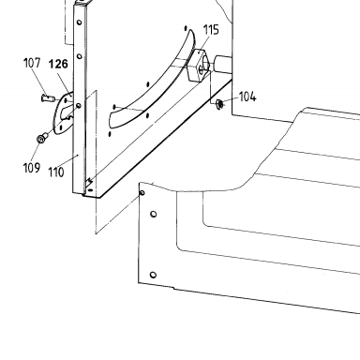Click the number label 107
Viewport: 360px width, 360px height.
[32, 63]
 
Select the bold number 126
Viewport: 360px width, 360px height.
[58, 64]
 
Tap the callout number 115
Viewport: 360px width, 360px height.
[211, 30]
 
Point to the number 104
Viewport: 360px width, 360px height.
[247, 97]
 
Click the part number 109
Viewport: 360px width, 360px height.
[32, 168]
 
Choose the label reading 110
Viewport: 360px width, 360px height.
[56, 172]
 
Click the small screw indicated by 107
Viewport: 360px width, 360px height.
[48, 98]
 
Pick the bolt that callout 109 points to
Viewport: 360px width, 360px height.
[42, 138]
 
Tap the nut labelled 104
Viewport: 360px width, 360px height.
[219, 104]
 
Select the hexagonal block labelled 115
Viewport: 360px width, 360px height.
[197, 66]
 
